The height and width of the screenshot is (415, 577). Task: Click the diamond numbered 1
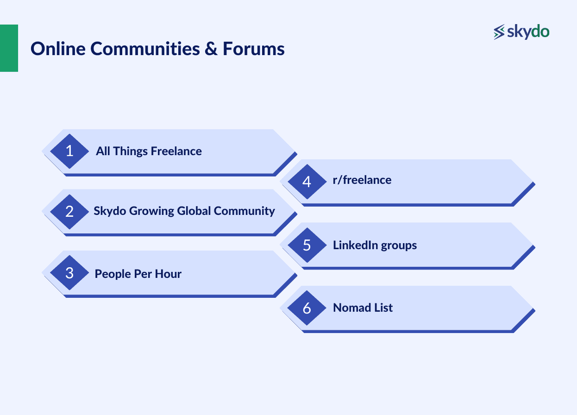click(x=69, y=151)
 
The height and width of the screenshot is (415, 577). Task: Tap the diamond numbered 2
click(x=69, y=211)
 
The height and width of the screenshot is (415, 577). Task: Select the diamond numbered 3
click(x=69, y=273)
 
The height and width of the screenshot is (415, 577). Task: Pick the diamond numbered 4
click(x=307, y=182)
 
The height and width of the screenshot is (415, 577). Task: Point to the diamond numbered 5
click(x=307, y=245)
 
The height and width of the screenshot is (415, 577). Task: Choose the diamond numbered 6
click(x=307, y=308)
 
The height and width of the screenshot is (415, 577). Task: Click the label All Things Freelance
click(x=149, y=151)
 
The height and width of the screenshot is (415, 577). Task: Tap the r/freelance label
click(x=362, y=180)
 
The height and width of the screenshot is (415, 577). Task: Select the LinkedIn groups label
click(x=375, y=245)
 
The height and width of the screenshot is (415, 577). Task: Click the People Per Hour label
click(x=138, y=274)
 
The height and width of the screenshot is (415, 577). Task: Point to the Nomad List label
click(x=363, y=308)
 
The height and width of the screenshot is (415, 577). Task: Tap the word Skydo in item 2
click(x=110, y=211)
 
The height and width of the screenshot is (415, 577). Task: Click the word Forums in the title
click(x=253, y=48)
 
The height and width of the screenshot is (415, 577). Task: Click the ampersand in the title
click(x=211, y=49)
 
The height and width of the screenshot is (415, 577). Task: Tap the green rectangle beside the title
click(x=9, y=48)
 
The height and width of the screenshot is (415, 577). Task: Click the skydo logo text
click(x=528, y=31)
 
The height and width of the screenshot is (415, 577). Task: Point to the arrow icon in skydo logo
click(x=499, y=32)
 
